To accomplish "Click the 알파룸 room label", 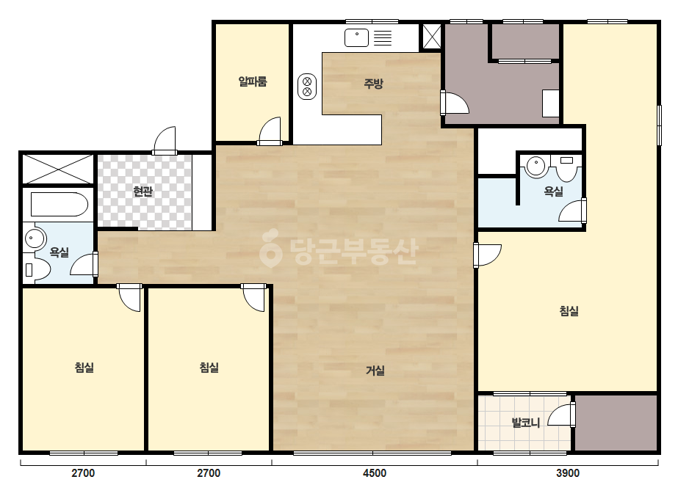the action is pos(253,81).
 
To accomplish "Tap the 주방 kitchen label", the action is pos(373,83).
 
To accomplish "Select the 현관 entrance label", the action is pos(143,191).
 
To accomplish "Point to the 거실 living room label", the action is pos(375,371).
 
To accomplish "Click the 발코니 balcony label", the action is pos(526,422).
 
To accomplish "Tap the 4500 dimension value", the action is pos(375,473).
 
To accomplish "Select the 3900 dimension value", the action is pos(567,473).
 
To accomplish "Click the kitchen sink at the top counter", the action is pos(356,37).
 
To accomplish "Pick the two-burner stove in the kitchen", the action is pos(307,87).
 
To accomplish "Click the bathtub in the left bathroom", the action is pos(59,205).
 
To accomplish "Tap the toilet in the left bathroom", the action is pos(36,269).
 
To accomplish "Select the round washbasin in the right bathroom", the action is pos(536,167).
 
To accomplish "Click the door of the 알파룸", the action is pos(270,132).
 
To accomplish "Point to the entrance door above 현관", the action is pos(165,140).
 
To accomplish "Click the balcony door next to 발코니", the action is pos(562,414).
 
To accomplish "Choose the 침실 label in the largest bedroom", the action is pos(569,311).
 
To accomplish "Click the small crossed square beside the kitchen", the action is pos(431,36).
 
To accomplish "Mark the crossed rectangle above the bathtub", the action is pos(58,169).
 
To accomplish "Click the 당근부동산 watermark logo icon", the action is pos(270,248).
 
